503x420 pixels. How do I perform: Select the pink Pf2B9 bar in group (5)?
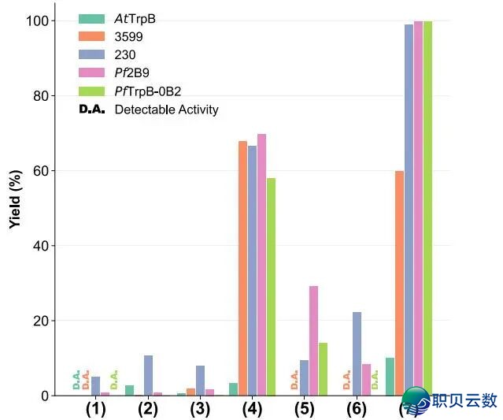313,340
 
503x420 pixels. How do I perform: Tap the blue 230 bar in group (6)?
357,353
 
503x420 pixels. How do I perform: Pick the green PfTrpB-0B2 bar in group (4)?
271,287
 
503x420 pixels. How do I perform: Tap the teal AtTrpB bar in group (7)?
390,377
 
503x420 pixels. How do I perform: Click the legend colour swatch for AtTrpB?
92,19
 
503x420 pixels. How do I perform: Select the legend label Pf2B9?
131,73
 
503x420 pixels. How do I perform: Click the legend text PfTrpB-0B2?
153,91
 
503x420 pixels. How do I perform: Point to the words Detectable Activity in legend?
166,110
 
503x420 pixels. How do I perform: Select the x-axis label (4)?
252,409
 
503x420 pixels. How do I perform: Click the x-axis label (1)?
95,409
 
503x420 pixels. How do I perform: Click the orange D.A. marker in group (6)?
346,381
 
